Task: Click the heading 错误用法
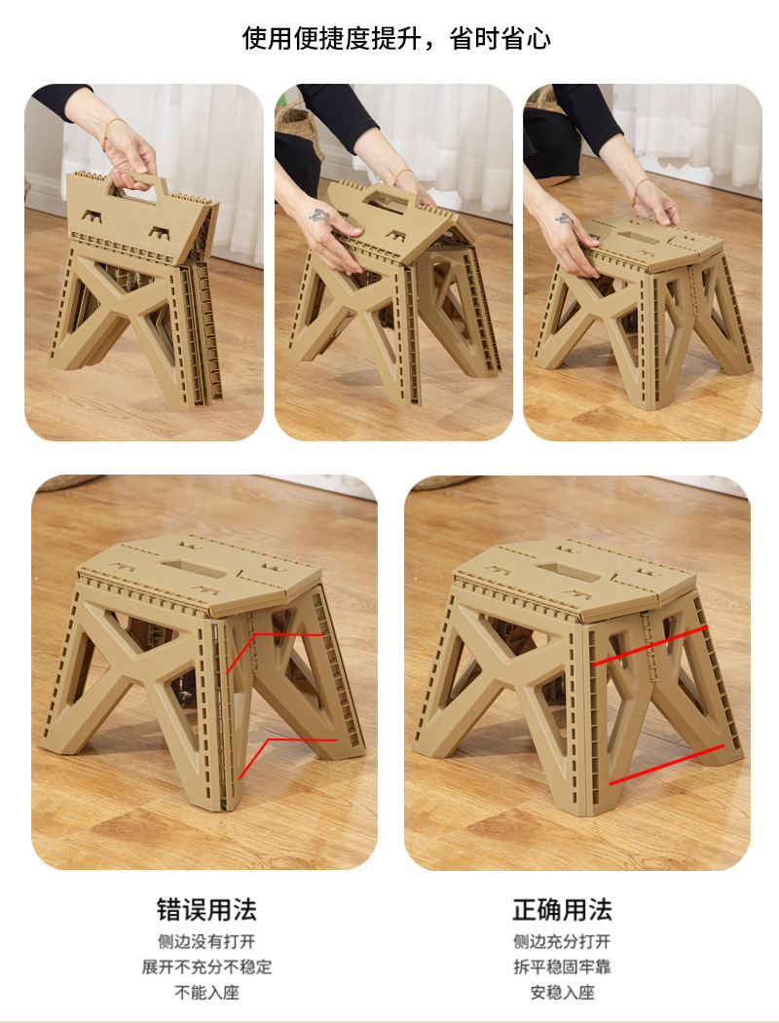pyautogui.click(x=206, y=909)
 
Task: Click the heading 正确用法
pyautogui.click(x=562, y=909)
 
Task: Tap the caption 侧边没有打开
pyautogui.click(x=206, y=941)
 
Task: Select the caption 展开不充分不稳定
pyautogui.click(x=206, y=966)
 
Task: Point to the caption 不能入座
pyautogui.click(x=206, y=993)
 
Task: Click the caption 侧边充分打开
pyautogui.click(x=562, y=941)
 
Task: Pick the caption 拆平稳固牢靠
pyautogui.click(x=562, y=966)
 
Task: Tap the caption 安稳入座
pyautogui.click(x=562, y=993)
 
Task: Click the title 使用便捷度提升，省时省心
pyautogui.click(x=396, y=39)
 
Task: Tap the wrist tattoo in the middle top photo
pyautogui.click(x=318, y=214)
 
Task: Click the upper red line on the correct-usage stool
pyautogui.click(x=649, y=647)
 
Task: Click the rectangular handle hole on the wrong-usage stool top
pyautogui.click(x=194, y=568)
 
